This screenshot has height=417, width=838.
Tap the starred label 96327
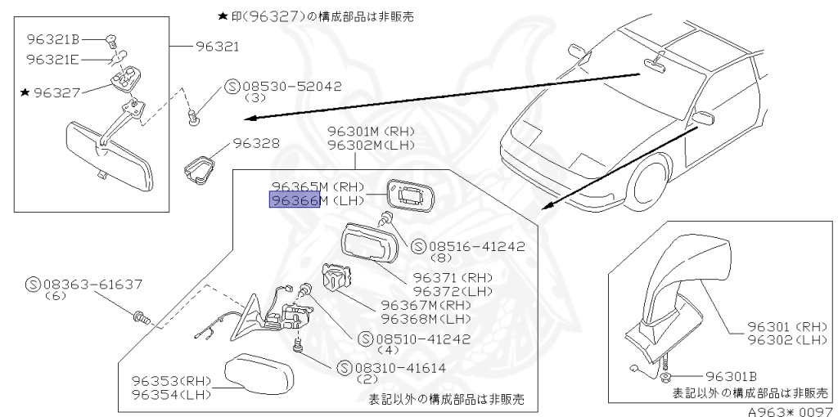pyautogui.click(x=56, y=93)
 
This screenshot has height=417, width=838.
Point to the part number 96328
pyautogui.click(x=256, y=142)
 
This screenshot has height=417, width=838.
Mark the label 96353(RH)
pyautogui.click(x=171, y=381)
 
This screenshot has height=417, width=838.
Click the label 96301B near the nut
pyautogui.click(x=730, y=376)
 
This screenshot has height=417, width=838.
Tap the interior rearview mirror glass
pyautogui.click(x=107, y=159)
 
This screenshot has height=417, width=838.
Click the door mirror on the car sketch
pyautogui.click(x=701, y=118)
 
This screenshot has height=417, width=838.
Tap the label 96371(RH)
pyautogui.click(x=452, y=278)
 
